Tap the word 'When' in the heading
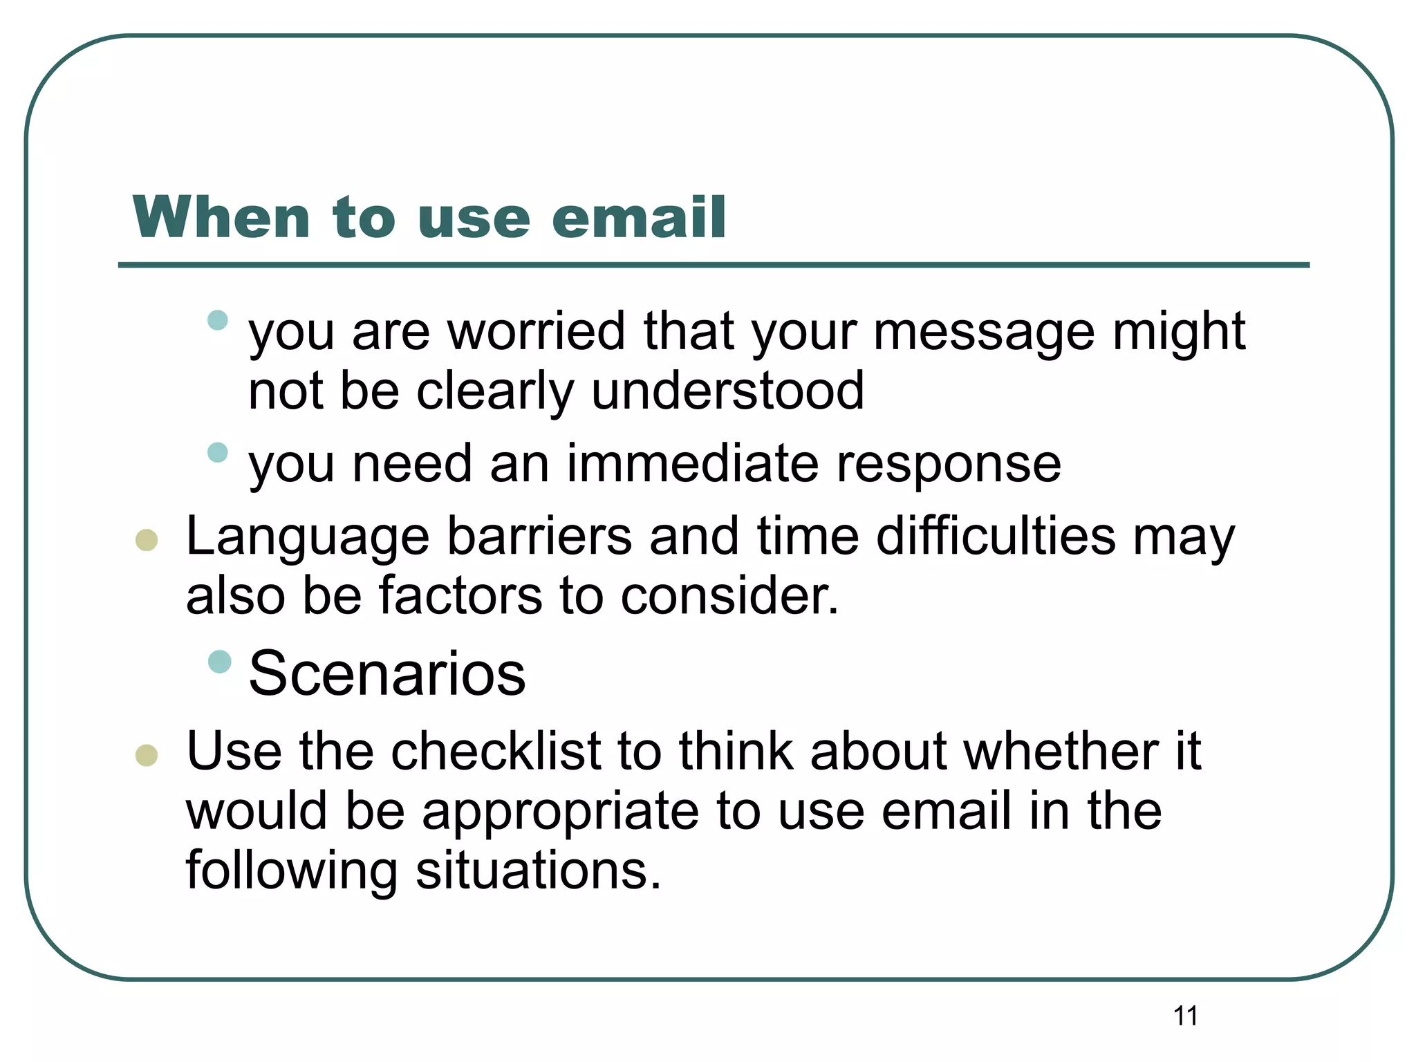click(221, 218)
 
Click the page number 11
click(1185, 1016)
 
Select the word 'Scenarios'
click(387, 673)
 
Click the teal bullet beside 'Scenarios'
click(219, 662)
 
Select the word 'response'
click(949, 465)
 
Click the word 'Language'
click(308, 537)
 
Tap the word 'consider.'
click(729, 596)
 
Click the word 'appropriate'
click(560, 812)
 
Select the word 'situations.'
click(539, 870)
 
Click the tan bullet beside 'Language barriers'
click(147, 540)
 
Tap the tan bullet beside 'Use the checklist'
click(147, 755)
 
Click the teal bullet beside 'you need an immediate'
click(218, 452)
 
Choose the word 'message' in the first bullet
click(984, 333)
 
